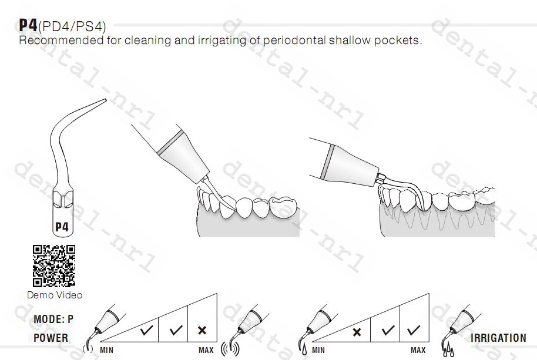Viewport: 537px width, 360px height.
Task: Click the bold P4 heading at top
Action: [28, 25]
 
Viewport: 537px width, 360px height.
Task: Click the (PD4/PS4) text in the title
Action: [72, 26]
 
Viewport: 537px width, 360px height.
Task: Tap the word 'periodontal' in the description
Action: [294, 41]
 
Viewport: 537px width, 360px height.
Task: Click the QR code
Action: [54, 265]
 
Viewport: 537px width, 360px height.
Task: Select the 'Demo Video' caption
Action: [55, 295]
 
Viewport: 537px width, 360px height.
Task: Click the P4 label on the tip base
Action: [62, 227]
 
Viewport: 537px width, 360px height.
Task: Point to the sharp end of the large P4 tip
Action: [106, 100]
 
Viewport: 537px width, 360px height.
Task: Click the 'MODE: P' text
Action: [53, 319]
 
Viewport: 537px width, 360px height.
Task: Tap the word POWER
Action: [51, 338]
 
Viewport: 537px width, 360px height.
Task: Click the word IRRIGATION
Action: [498, 338]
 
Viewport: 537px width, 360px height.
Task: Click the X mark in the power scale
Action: [202, 330]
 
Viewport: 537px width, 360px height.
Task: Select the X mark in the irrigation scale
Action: [357, 332]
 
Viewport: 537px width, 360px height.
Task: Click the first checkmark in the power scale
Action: [146, 330]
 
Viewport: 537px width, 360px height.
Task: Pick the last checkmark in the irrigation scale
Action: [414, 330]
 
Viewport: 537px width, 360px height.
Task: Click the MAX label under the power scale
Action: [206, 351]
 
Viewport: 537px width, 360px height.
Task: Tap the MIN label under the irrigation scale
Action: [318, 351]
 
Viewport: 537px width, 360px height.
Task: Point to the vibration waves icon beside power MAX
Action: [230, 348]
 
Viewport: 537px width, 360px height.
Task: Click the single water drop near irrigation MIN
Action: [304, 349]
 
